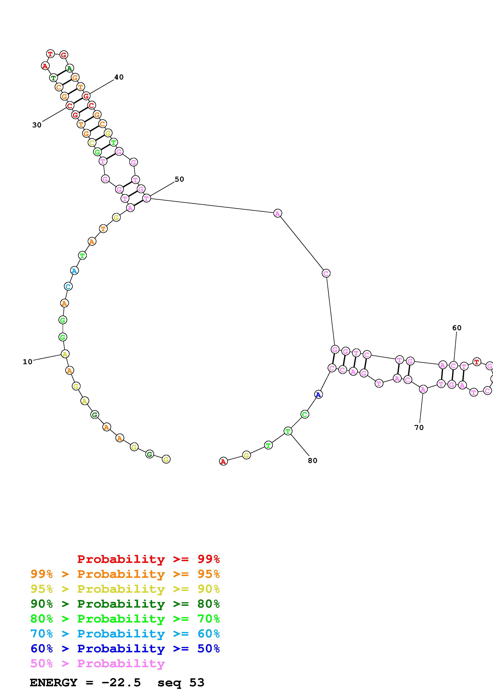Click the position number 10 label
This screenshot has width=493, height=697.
(27, 362)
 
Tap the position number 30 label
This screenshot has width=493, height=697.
(37, 125)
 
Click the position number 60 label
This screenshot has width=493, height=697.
(457, 328)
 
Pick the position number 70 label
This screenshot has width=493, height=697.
(419, 427)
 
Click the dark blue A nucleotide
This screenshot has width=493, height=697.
(318, 395)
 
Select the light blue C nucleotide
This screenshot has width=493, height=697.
(68, 286)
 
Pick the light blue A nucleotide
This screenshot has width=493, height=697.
(74, 270)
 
